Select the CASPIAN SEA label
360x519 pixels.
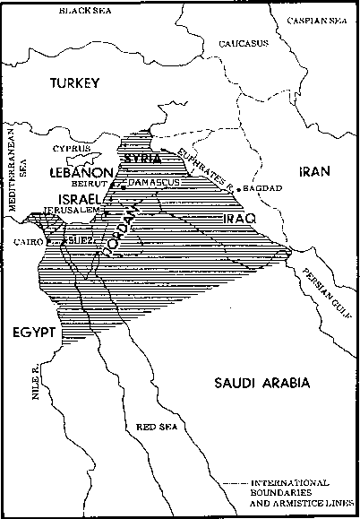pos(326,19)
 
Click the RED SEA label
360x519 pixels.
pos(155,428)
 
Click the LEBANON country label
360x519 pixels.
pos(81,170)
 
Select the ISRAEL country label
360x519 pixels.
pos(77,197)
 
